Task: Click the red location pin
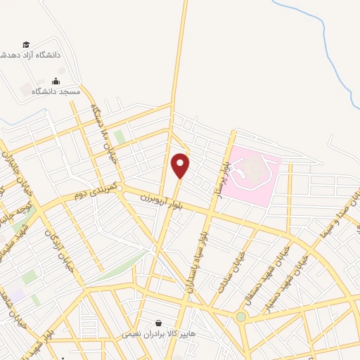pyautogui.click(x=181, y=165)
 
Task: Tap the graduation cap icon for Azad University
pyautogui.click(x=27, y=44)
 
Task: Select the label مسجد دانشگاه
pyautogui.click(x=60, y=91)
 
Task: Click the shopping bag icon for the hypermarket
pyautogui.click(x=168, y=324)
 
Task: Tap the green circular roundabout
pyautogui.click(x=242, y=316)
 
